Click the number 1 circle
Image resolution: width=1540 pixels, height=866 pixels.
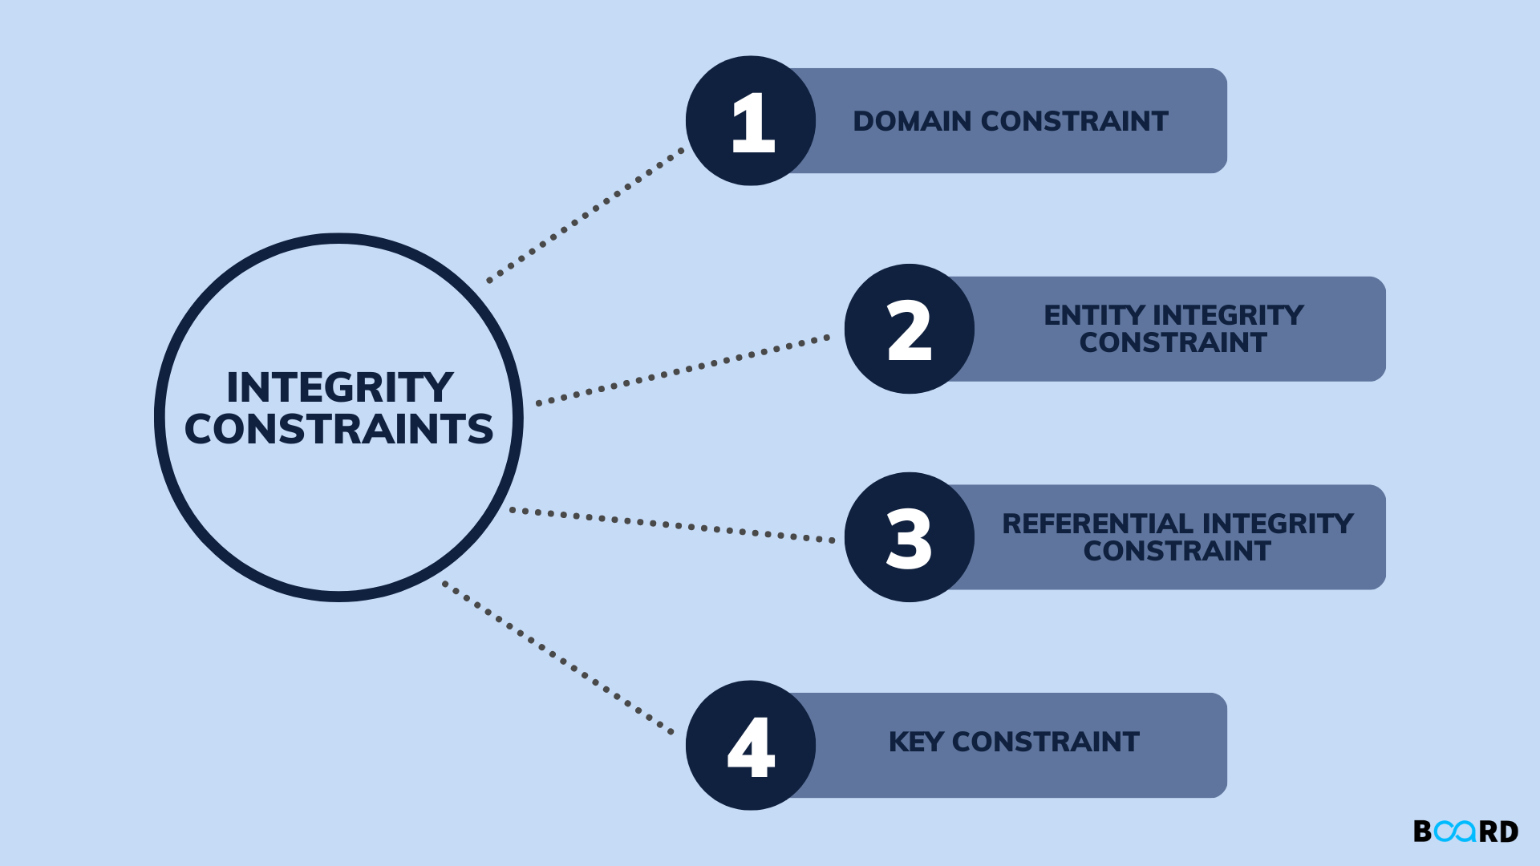pos(751,121)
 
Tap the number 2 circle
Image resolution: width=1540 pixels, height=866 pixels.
pos(909,329)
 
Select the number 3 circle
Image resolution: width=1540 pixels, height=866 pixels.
pos(909,537)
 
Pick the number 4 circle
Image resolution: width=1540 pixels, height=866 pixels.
pos(751,746)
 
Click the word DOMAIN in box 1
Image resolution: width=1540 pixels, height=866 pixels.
pos(912,121)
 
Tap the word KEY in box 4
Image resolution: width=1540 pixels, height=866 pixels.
pos(916,742)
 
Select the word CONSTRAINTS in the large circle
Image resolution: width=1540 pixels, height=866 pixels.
pos(338,429)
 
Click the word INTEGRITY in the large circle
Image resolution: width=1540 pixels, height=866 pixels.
pos(339,387)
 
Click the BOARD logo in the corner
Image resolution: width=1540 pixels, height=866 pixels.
pos(1465,831)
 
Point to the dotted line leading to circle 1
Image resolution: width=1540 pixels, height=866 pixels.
pos(586,214)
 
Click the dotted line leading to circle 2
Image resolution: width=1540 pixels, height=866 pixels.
pos(682,370)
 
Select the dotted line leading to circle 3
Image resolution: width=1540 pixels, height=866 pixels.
pos(672,524)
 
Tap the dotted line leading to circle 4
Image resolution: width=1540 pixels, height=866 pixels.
pos(557,658)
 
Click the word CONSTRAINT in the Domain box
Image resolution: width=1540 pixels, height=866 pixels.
pos(1074,121)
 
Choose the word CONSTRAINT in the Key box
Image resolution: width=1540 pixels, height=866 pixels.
pos(1045,742)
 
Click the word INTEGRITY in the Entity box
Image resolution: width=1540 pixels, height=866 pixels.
pos(1228,315)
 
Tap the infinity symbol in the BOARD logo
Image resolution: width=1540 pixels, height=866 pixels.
pos(1455,831)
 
